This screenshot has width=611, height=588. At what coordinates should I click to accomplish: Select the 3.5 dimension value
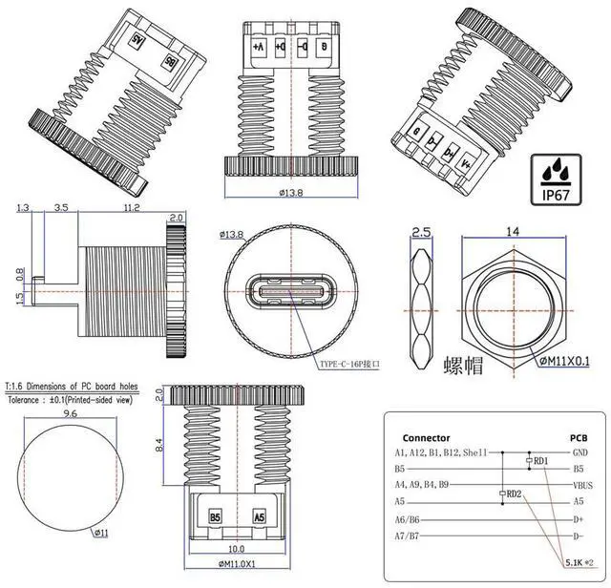pos(60,207)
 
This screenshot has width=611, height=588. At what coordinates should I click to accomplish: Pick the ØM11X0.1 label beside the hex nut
pos(563,360)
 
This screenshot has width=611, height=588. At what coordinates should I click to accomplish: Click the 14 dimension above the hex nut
pos(513,232)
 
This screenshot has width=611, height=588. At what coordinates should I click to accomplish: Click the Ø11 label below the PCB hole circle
pos(100,532)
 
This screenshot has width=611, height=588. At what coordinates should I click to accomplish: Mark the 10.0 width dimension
pos(237,550)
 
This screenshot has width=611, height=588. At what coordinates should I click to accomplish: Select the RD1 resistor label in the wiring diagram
pos(541,461)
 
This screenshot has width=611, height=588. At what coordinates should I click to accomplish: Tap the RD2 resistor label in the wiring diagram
pos(513,493)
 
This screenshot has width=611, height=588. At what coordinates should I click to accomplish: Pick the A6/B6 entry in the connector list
pos(409,518)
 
